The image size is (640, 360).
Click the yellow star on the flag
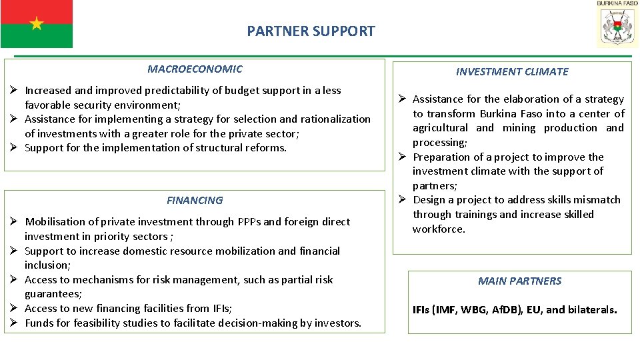(x=37, y=24)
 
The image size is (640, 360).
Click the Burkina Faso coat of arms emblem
(x=617, y=27)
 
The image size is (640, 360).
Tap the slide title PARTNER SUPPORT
(x=311, y=31)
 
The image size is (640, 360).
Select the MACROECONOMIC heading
(x=195, y=69)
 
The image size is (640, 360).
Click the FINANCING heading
(x=195, y=200)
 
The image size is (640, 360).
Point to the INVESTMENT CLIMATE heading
(x=512, y=71)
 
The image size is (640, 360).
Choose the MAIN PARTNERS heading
(x=519, y=281)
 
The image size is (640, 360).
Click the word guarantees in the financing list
(x=53, y=293)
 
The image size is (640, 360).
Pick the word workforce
(x=439, y=229)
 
